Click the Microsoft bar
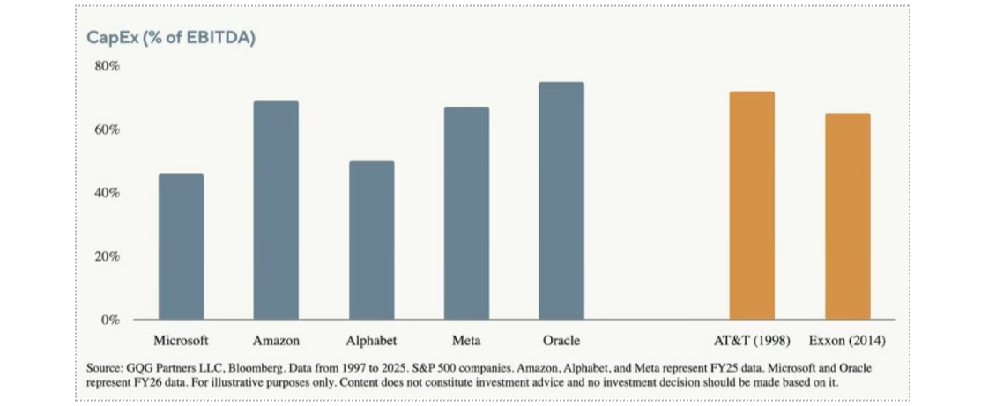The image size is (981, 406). point(181,247)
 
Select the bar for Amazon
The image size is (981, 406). point(276,210)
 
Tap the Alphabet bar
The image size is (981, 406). point(372,240)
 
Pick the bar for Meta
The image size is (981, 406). point(467,213)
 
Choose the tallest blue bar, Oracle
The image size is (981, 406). point(561,201)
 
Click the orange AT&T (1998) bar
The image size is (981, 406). point(752,205)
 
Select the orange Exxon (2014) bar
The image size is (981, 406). point(848,217)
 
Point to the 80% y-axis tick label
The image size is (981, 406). point(107,66)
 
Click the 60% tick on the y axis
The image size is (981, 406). point(107,129)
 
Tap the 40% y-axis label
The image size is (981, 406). point(107,193)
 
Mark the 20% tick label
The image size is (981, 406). point(107,256)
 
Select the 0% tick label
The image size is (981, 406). point(109,320)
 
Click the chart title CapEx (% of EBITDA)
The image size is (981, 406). point(171,38)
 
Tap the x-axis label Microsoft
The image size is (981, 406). point(181,341)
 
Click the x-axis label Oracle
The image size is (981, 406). point(561,341)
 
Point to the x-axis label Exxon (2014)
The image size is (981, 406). point(847,341)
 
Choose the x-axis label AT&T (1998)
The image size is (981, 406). point(752,341)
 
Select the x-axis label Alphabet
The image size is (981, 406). point(372,341)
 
